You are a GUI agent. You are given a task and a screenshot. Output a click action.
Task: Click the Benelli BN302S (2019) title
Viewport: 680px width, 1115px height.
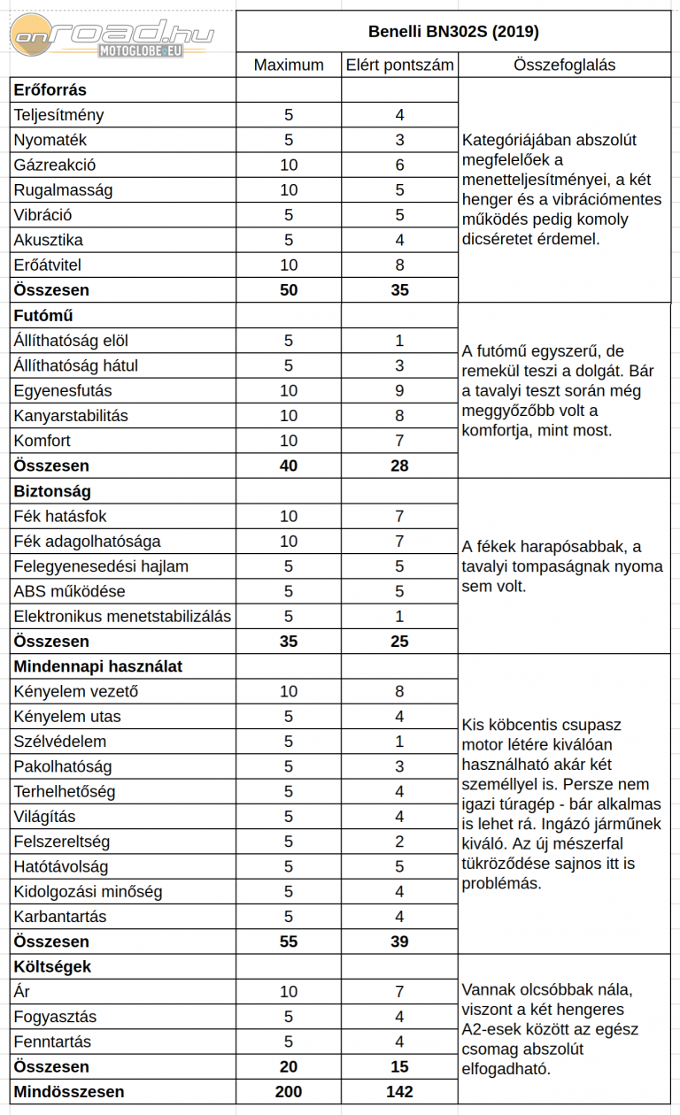pos(453,33)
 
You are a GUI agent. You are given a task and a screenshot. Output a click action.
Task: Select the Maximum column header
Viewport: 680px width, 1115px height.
pos(289,65)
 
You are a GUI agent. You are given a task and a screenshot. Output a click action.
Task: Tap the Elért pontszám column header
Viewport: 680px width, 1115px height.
pos(399,65)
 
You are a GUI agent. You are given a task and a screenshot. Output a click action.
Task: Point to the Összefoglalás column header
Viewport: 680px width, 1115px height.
pos(564,65)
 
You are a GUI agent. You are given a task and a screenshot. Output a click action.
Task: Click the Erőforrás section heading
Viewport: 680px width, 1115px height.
pos(50,89)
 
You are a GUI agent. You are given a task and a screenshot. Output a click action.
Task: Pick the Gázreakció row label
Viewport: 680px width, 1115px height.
pos(55,165)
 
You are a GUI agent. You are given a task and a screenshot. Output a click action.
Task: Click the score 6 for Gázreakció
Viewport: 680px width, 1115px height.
pos(399,165)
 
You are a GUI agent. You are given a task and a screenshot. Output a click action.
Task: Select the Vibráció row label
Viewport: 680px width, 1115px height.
pos(43,215)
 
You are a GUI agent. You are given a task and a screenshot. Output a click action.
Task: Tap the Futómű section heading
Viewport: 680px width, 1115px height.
pos(43,315)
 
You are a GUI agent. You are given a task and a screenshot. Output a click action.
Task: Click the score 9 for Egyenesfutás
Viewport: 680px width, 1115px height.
pos(399,390)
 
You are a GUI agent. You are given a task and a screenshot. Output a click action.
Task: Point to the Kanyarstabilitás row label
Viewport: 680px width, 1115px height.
pos(71,415)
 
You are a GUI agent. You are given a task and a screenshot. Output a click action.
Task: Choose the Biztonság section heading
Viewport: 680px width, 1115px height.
pos(52,490)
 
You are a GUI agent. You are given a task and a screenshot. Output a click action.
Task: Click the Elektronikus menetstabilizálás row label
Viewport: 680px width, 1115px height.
pos(122,616)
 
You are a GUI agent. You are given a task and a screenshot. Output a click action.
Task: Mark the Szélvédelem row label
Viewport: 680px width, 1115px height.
pos(60,742)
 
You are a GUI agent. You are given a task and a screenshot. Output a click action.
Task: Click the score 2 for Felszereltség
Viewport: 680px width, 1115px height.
pos(399,842)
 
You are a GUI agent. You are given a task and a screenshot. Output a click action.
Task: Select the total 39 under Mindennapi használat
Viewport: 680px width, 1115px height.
pos(399,942)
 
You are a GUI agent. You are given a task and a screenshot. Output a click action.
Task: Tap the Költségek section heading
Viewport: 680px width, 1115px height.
pos(52,966)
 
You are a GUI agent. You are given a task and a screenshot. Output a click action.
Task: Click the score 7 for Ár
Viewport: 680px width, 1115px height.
pos(399,992)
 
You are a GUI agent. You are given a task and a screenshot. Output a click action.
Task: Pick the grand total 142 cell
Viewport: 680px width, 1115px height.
pos(399,1092)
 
